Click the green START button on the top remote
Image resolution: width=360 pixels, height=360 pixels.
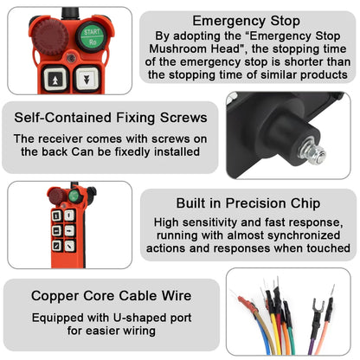[92, 37]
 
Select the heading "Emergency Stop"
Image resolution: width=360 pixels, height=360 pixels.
[247, 20]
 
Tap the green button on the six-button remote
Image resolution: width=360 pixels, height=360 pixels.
[74, 196]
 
